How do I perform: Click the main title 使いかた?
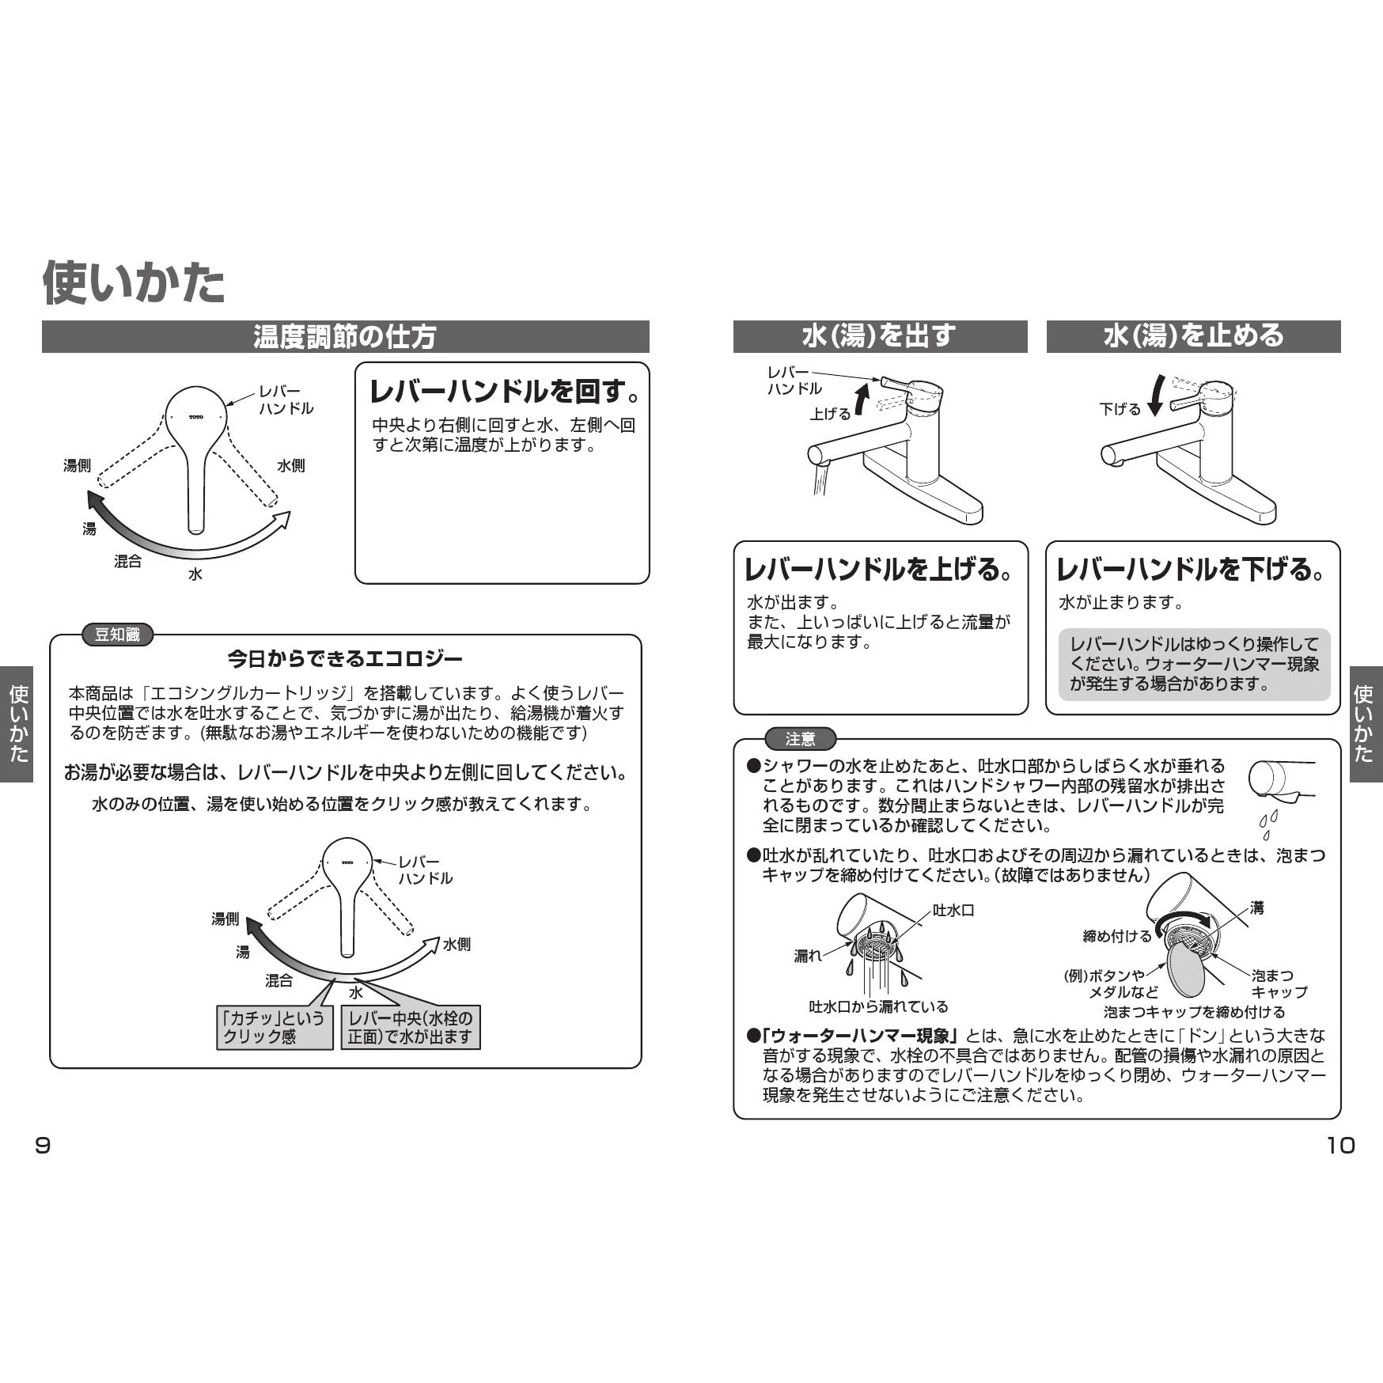click(x=134, y=282)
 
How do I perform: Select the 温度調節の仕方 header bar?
click(x=345, y=336)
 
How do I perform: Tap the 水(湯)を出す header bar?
click(x=880, y=336)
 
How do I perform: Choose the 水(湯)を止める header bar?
click(x=1193, y=336)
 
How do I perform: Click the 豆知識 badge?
click(x=117, y=635)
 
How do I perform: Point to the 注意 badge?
click(x=800, y=739)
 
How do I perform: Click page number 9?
click(x=43, y=1146)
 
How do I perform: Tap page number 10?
click(x=1340, y=1146)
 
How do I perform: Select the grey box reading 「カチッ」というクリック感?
click(x=275, y=1027)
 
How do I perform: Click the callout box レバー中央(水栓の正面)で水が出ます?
click(x=411, y=1027)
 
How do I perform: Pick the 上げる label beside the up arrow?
click(x=830, y=414)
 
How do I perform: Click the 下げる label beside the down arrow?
click(x=1120, y=409)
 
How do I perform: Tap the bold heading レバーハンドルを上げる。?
click(x=880, y=570)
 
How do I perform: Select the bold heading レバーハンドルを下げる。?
click(x=1192, y=570)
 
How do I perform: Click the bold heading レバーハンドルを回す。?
click(x=505, y=391)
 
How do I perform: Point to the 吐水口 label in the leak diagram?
click(x=953, y=911)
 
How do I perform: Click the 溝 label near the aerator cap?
click(x=1257, y=907)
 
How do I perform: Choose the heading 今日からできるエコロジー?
click(x=345, y=658)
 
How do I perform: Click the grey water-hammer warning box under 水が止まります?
click(x=1194, y=665)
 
